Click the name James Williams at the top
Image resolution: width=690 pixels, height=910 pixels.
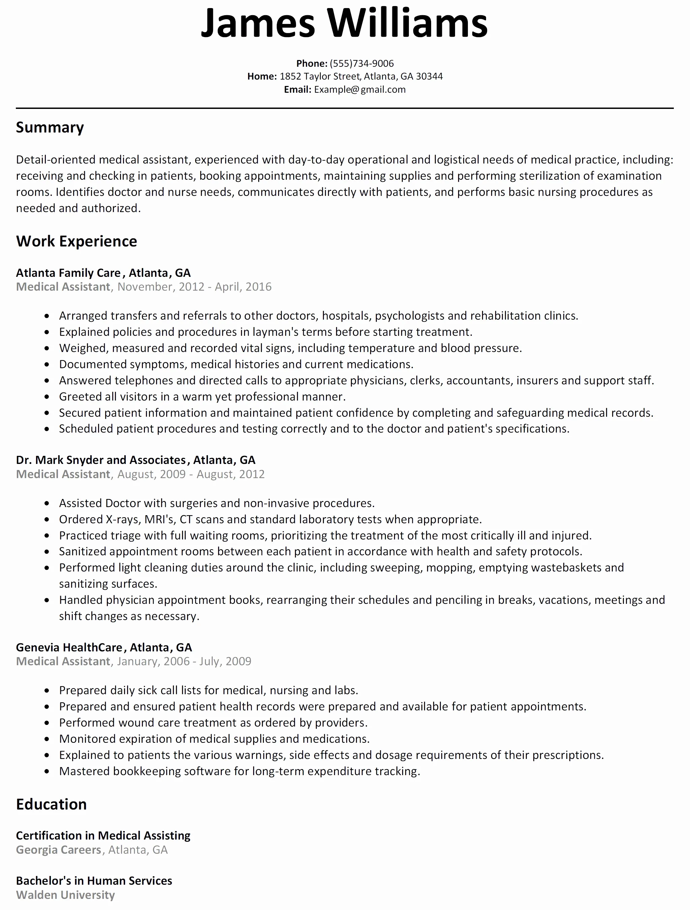click(344, 24)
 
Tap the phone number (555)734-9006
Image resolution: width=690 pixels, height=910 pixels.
click(361, 63)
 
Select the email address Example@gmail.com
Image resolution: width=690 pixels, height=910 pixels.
click(360, 90)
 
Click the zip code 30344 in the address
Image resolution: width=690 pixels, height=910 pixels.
click(429, 77)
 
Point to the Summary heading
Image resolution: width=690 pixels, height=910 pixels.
click(50, 127)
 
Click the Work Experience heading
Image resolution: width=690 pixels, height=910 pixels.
click(77, 241)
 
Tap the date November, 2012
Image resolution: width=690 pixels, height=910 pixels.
click(161, 287)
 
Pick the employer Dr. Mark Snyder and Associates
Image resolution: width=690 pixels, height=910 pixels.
click(101, 460)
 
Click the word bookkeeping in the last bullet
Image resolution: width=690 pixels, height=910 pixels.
click(147, 771)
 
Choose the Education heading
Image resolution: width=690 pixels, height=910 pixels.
click(51, 804)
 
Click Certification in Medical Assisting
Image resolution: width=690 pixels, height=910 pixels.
click(103, 835)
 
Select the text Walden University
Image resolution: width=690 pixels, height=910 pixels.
click(65, 895)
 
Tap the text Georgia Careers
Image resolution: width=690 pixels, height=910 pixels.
click(58, 850)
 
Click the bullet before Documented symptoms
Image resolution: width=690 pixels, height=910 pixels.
click(47, 364)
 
